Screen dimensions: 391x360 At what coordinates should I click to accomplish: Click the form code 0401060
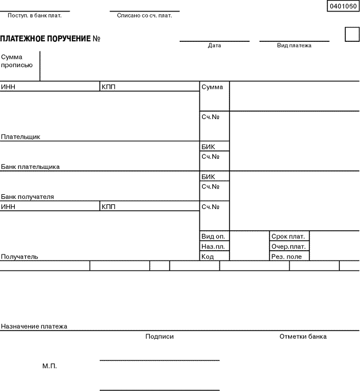pos(343,6)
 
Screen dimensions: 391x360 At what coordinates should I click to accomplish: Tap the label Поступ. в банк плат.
pos(34,15)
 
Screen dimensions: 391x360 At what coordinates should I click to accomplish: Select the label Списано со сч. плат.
pos(144,15)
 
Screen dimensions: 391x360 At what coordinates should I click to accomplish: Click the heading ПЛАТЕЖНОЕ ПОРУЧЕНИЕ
pos(45,39)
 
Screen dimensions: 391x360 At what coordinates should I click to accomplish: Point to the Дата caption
pos(214,46)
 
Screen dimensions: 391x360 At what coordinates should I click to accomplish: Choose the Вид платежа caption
pos(294,46)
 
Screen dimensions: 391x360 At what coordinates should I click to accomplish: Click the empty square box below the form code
pos(352,34)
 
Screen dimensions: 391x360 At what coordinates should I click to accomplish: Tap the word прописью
pos(17,65)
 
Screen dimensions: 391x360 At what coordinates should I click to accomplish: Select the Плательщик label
pos(21,137)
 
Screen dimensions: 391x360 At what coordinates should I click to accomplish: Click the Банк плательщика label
pos(30,167)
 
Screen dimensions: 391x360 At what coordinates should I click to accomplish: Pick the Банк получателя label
pos(27,197)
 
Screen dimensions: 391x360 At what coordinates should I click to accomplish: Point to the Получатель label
pos(20,257)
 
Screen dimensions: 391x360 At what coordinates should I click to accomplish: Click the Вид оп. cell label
pos(213,237)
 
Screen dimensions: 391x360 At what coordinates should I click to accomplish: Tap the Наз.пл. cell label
pos(213,247)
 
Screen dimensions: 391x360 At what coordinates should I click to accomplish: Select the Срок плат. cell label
pos(288,237)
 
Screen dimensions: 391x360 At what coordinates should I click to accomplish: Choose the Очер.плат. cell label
pos(289,247)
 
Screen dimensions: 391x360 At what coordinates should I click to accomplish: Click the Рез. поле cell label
pos(287,257)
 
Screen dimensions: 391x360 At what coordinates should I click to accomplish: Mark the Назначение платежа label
pos(34,326)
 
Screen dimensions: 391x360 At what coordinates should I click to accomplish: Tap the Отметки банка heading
pos(303,337)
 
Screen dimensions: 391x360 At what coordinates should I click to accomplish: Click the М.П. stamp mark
pos(50,366)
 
